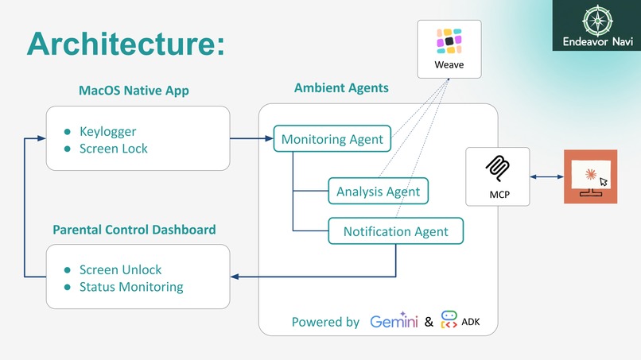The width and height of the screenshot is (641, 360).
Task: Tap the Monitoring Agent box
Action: pyautogui.click(x=332, y=139)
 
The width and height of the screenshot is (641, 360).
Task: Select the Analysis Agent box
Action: pyautogui.click(x=379, y=192)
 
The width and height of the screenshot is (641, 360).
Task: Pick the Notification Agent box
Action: pyautogui.click(x=395, y=231)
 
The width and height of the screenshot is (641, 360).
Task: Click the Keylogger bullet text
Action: pyautogui.click(x=107, y=131)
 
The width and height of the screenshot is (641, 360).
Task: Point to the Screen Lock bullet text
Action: pyautogui.click(x=113, y=149)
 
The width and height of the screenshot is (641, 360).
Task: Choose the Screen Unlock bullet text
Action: pyautogui.click(x=120, y=269)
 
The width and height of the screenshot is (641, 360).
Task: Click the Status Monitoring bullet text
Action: pyautogui.click(x=131, y=287)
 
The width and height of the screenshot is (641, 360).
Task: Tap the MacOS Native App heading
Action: pyautogui.click(x=134, y=91)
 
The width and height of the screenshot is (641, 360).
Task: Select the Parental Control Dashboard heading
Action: pyautogui.click(x=134, y=230)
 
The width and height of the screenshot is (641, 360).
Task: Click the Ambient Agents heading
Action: pyautogui.click(x=341, y=87)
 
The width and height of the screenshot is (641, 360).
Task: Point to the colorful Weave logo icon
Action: pyautogui.click(x=449, y=41)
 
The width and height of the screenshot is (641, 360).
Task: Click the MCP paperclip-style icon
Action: pyautogui.click(x=498, y=168)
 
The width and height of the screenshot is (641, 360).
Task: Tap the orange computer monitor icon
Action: pyautogui.click(x=590, y=176)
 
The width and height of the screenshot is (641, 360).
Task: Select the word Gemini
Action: pyautogui.click(x=394, y=322)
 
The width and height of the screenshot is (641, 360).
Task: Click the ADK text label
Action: pyautogui.click(x=470, y=323)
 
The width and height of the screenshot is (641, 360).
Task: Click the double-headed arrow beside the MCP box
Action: pyautogui.click(x=546, y=176)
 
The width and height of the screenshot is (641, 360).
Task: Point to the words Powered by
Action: pyautogui.click(x=325, y=322)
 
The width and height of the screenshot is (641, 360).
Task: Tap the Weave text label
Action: pyautogui.click(x=449, y=65)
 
